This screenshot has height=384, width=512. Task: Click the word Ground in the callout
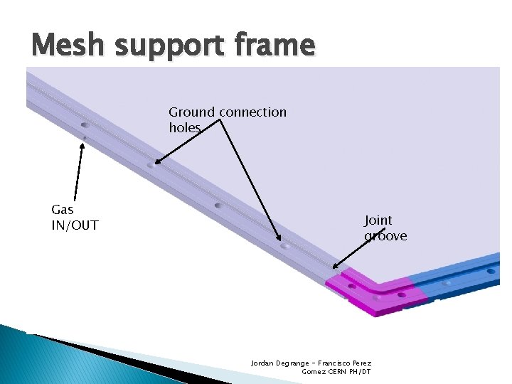192,112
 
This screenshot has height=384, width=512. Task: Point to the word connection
253,112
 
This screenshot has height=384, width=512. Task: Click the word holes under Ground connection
185,128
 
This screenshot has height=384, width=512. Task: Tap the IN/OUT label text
75,226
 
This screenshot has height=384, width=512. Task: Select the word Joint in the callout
378,220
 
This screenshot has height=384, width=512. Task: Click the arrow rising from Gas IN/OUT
79,171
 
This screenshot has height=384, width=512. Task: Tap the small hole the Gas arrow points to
84,137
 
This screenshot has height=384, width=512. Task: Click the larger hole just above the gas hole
85,125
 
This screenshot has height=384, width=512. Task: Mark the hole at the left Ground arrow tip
150,166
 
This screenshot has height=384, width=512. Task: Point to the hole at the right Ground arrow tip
284,246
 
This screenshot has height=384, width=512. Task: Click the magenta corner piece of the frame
370,292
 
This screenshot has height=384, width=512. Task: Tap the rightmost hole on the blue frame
490,271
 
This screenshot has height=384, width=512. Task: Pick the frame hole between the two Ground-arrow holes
218,206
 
